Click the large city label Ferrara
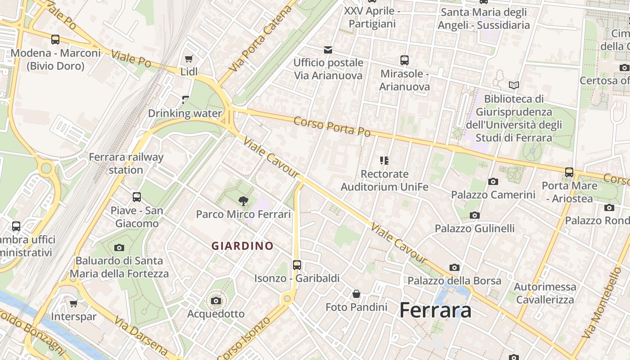[435, 310]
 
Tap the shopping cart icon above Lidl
[189, 59]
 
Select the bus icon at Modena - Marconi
[55, 40]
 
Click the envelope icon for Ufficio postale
[328, 49]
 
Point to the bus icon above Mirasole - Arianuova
[405, 60]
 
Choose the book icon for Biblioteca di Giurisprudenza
[513, 85]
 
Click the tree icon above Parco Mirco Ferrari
[243, 201]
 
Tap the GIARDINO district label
[243, 246]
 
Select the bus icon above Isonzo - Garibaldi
[297, 265]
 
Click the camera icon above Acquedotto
[216, 301]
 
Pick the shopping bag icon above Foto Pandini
[356, 294]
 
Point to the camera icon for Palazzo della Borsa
[454, 268]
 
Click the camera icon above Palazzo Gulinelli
[474, 216]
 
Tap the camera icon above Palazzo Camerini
[493, 182]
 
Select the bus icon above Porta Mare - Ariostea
[569, 172]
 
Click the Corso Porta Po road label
[332, 126]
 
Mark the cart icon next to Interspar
[74, 303]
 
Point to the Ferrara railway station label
[126, 163]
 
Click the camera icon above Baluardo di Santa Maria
[119, 247]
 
